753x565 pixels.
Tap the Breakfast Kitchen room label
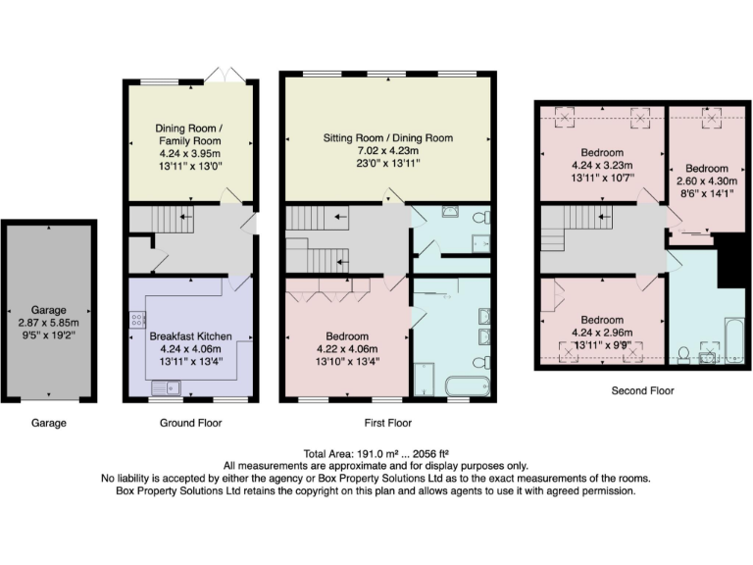[191, 336]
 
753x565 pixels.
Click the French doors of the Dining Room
[225, 77]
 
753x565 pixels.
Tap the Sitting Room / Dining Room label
[388, 138]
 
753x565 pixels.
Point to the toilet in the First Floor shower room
[477, 218]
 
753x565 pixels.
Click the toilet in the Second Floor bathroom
[683, 353]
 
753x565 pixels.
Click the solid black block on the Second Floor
[729, 261]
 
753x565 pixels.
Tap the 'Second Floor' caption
[642, 390]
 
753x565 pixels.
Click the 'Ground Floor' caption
[190, 423]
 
